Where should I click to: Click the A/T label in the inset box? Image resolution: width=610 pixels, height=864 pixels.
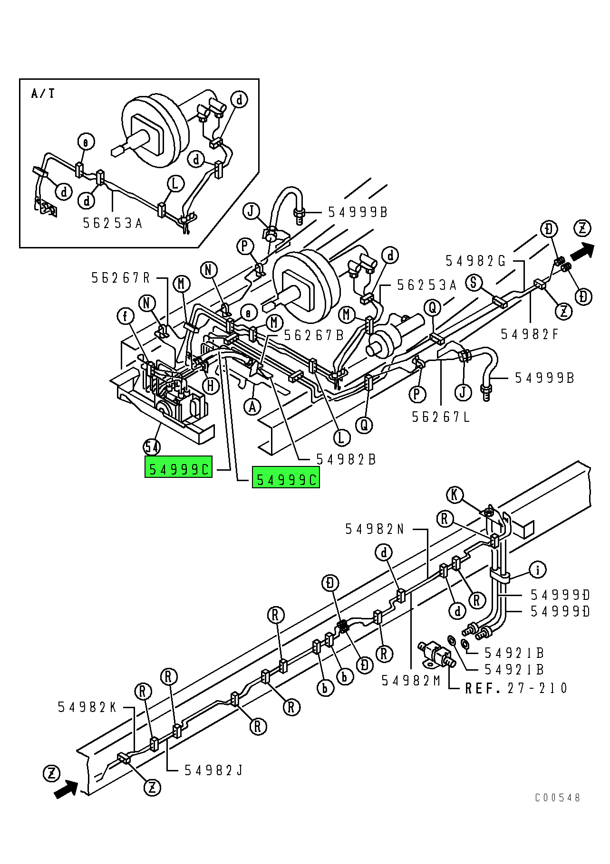click(43, 94)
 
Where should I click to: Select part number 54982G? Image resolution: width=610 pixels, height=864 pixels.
click(475, 261)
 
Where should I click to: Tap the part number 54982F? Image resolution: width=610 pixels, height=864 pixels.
click(530, 334)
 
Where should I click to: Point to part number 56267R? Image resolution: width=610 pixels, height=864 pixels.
click(121, 278)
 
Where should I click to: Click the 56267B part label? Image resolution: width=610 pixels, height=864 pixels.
click(314, 335)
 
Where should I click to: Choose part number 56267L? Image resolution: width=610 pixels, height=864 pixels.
click(441, 417)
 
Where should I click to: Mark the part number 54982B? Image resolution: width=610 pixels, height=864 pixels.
click(346, 459)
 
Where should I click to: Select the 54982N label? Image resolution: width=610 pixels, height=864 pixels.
click(375, 529)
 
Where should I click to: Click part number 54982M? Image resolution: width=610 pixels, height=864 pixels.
click(411, 681)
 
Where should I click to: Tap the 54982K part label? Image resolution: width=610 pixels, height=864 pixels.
click(87, 707)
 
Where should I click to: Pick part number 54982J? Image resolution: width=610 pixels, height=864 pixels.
click(213, 770)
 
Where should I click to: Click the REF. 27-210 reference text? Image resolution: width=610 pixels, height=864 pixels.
click(516, 688)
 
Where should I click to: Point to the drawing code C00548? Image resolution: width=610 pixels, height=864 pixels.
click(558, 798)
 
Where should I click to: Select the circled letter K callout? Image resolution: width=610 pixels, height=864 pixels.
click(455, 495)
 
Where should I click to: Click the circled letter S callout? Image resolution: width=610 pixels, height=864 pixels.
click(474, 283)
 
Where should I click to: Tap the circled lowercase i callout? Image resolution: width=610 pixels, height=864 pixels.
click(538, 569)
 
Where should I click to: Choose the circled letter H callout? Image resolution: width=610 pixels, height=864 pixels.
click(211, 385)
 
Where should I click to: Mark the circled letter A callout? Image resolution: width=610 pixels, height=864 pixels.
click(252, 407)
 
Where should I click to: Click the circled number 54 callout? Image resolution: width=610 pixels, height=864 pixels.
click(152, 447)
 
